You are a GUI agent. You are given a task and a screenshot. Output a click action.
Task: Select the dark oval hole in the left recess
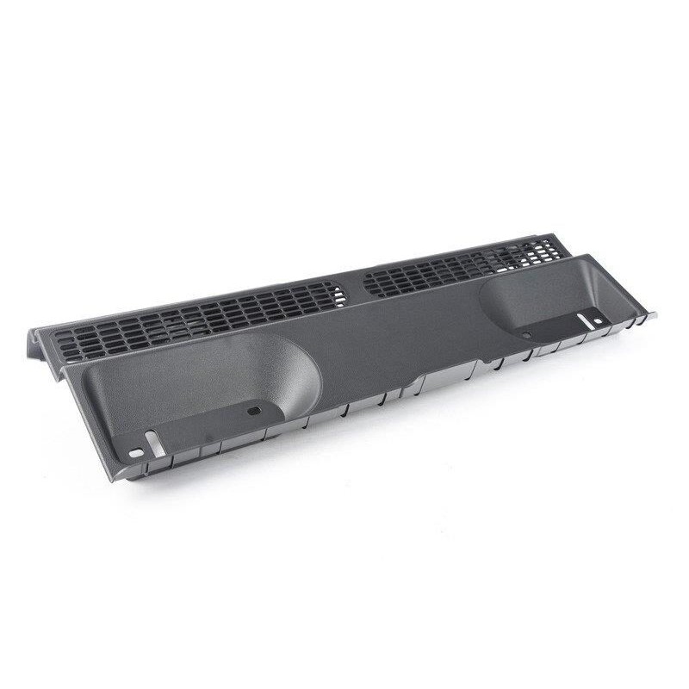252,411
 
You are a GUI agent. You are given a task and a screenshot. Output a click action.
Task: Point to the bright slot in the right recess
584,322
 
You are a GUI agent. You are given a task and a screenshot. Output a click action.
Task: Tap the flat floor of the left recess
207,413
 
